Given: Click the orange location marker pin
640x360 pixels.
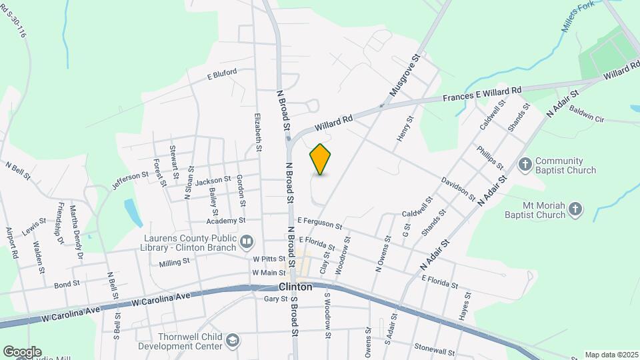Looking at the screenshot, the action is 321,159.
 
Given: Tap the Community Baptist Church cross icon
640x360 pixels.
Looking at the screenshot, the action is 526,164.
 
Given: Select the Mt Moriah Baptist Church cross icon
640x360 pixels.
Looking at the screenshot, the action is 575,211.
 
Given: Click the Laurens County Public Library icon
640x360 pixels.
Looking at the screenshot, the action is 247,241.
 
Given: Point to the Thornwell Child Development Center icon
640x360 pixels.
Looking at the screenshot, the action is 232,341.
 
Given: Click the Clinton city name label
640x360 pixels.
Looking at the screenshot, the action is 294,287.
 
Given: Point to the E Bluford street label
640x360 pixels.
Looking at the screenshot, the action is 222,75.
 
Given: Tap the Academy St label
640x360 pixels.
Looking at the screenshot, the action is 226,221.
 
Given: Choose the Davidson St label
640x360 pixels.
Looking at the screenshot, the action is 457,190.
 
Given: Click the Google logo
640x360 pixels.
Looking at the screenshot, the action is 22,352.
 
